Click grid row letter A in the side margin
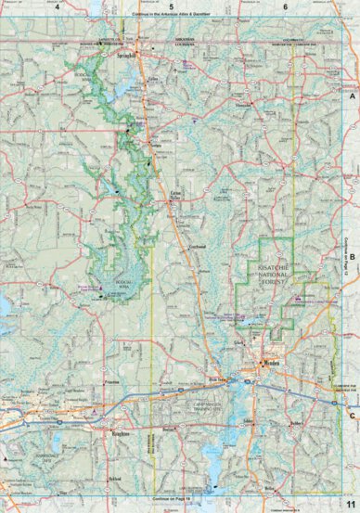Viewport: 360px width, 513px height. pyautogui.click(x=353, y=96)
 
